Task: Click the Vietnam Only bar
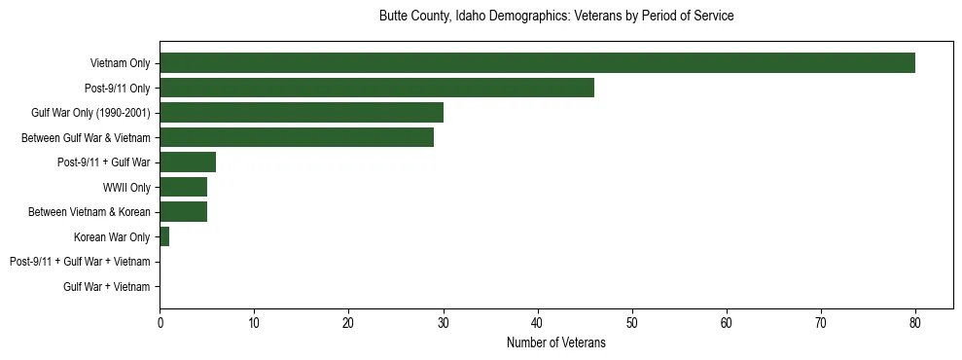click(537, 63)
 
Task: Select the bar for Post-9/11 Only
click(376, 88)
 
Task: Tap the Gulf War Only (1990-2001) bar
click(302, 113)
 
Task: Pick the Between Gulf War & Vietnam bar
click(297, 138)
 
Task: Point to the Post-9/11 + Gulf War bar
click(188, 162)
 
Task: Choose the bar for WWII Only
click(183, 187)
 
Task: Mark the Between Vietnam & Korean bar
click(183, 212)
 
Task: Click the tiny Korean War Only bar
click(164, 236)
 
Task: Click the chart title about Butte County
click(555, 17)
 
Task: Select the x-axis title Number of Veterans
click(555, 342)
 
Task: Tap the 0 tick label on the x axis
click(160, 322)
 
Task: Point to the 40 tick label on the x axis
click(537, 322)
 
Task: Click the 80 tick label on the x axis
click(915, 322)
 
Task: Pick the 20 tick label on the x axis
click(348, 322)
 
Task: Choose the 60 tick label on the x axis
click(727, 322)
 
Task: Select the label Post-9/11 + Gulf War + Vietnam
click(80, 262)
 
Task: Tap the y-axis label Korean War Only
click(112, 237)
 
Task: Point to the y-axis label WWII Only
click(126, 188)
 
